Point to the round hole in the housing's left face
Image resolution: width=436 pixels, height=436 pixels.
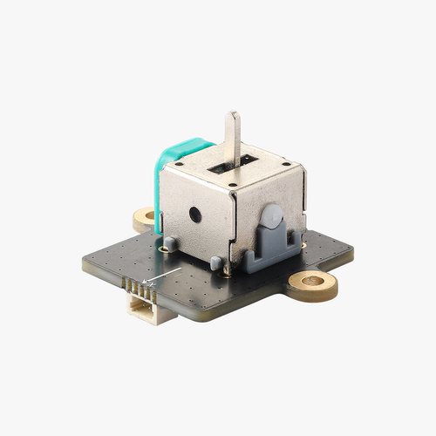point(195,213)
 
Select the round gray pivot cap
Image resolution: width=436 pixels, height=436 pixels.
point(272,215)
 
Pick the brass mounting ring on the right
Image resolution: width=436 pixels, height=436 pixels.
point(313,283)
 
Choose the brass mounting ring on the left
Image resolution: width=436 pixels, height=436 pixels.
point(145,217)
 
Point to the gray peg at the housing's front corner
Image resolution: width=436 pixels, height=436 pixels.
point(215,261)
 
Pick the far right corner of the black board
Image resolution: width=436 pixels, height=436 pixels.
point(352,253)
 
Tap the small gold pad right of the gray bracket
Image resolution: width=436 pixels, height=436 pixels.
point(301,248)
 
